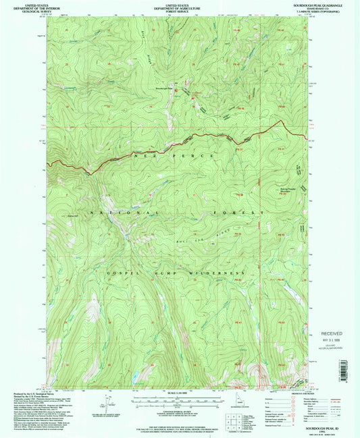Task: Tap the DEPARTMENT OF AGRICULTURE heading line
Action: pos(180,7)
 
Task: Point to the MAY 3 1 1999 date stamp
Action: pos(327,339)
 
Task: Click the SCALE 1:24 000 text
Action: pos(180,394)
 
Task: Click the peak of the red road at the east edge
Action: pos(279,121)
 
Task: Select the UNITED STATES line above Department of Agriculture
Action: pos(180,4)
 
